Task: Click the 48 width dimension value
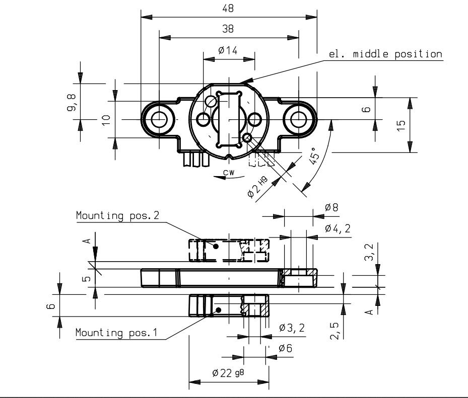[228, 9]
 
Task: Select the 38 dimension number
[228, 29]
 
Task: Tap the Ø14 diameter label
[228, 50]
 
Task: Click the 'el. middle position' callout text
[385, 54]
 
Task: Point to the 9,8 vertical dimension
[72, 102]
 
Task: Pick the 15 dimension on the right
[402, 125]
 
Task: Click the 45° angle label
[314, 155]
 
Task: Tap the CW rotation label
[229, 172]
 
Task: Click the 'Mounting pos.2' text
[117, 215]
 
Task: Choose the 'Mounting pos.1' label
[116, 333]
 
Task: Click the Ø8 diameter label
[331, 207]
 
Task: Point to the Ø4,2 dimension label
[338, 228]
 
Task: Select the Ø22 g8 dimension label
[228, 373]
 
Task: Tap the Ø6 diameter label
[285, 348]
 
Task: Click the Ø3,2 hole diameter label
[292, 328]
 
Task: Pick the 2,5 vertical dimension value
[335, 331]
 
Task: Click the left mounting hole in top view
[159, 119]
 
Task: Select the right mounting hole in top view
[298, 119]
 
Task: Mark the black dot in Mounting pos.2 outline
[216, 246]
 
